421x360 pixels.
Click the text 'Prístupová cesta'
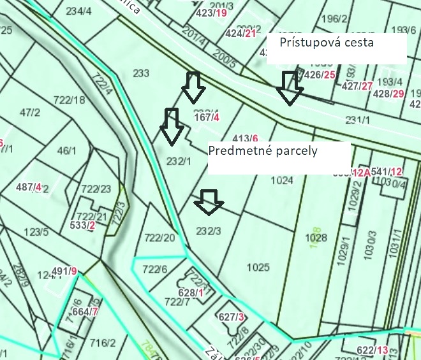(327, 43)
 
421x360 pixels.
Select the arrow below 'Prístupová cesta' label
(290, 87)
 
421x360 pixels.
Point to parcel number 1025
(258, 267)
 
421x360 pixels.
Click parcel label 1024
(282, 180)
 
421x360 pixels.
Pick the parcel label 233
(142, 73)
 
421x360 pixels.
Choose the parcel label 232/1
(178, 161)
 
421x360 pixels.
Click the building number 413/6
(246, 138)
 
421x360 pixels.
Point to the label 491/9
(64, 271)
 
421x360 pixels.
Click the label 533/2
(83, 225)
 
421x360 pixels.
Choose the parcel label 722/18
(70, 99)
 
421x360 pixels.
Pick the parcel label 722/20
(159, 238)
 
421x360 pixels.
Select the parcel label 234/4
(78, 11)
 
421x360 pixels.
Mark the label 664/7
(85, 312)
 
